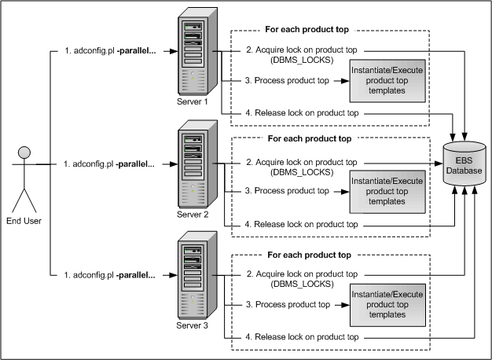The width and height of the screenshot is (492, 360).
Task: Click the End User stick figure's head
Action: pos(24,152)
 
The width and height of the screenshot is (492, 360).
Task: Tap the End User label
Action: pos(24,221)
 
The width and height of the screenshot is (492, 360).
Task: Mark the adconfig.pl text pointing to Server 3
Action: pos(109,275)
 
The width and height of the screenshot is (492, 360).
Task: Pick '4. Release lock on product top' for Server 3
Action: pos(303,336)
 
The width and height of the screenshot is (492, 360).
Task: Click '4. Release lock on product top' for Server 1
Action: pos(303,114)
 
